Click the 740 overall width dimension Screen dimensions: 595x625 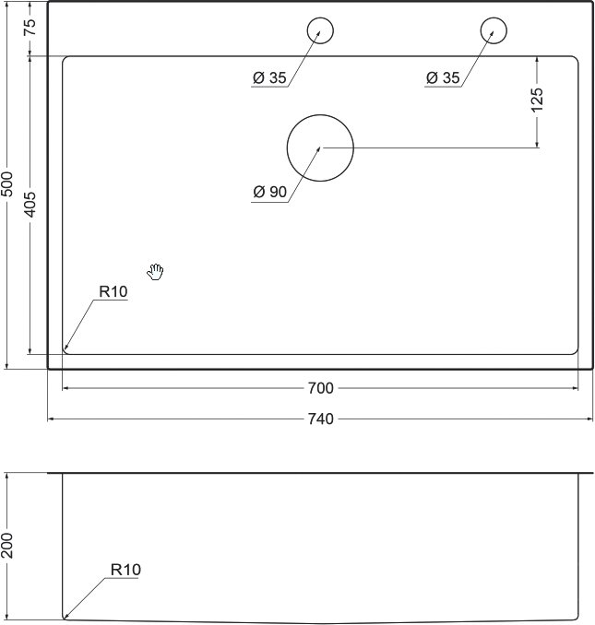321,419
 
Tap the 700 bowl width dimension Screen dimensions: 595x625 321,388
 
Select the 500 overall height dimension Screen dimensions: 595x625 7,184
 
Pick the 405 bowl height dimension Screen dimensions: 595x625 30,205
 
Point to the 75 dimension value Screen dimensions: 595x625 30,28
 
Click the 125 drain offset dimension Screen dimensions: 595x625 537,100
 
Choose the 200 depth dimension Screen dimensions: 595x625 7,545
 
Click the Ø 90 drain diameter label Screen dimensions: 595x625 270,192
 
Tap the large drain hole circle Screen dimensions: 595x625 320,115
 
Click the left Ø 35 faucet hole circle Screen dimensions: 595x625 320,18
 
